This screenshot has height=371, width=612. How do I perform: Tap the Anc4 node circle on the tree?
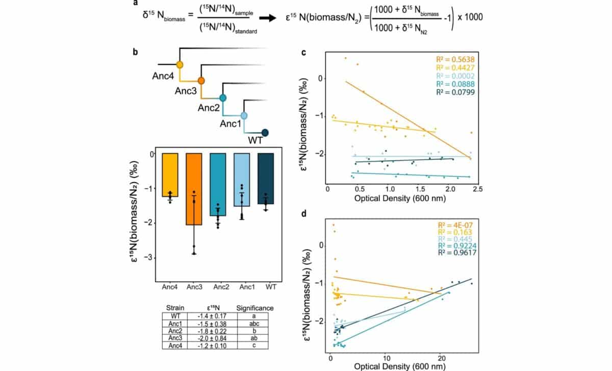click(x=180, y=65)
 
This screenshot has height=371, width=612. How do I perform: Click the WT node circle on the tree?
click(x=265, y=133)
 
